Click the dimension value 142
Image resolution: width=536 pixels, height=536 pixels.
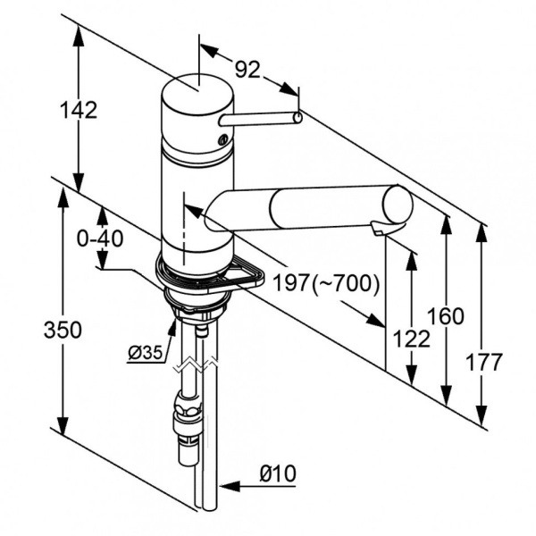(79, 110)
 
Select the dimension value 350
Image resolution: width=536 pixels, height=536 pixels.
(63, 330)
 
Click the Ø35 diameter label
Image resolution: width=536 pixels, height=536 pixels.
(145, 353)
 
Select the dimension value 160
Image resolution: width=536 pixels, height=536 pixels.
(446, 315)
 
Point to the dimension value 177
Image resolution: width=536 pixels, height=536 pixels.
(484, 362)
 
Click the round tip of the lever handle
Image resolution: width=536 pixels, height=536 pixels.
(298, 115)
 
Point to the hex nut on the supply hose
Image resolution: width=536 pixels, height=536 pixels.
(188, 414)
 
